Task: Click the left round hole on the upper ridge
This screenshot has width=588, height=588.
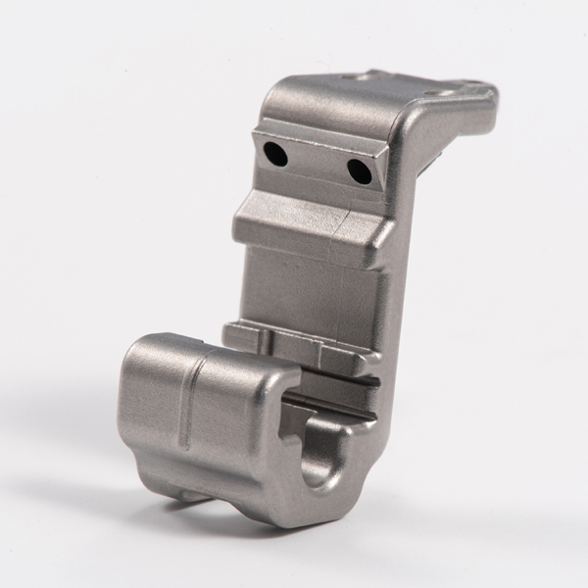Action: (x=275, y=152)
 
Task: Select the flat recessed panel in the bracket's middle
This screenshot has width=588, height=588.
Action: (x=309, y=284)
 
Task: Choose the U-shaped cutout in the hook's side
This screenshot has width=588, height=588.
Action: (x=319, y=456)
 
